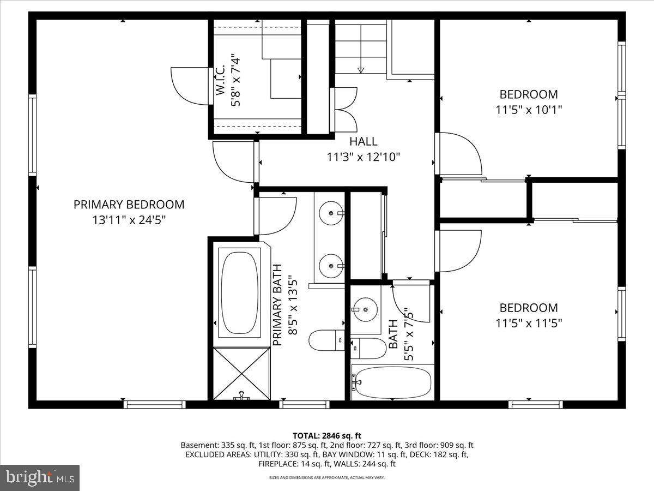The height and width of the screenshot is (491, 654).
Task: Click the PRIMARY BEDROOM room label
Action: [129, 205]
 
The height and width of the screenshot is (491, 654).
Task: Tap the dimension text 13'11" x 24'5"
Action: [129, 220]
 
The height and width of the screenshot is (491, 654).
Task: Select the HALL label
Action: [363, 142]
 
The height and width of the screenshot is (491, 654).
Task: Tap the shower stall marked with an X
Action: [241, 374]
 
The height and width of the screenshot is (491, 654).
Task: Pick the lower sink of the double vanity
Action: [330, 266]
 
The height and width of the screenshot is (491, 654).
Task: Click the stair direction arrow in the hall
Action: [360, 70]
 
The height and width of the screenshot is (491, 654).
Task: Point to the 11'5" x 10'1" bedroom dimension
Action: [529, 109]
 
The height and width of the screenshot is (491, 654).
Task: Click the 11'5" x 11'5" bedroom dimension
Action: [529, 323]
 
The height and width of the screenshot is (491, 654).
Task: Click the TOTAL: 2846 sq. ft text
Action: [327, 435]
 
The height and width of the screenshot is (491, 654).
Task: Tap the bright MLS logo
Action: [40, 478]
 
